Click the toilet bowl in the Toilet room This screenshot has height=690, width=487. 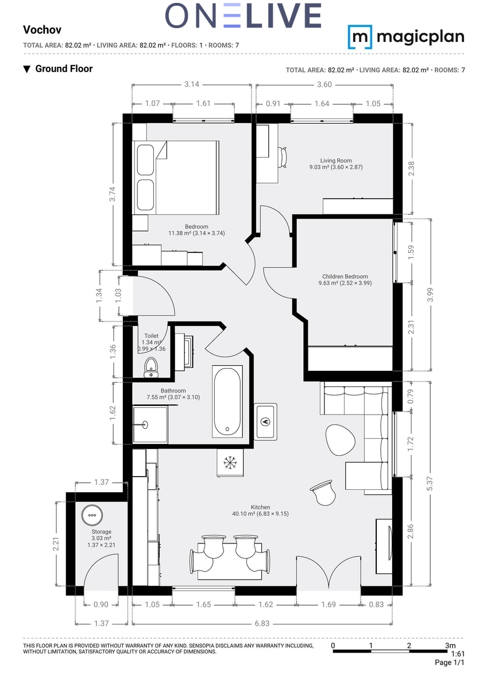151,367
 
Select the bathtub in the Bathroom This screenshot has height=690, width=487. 227,401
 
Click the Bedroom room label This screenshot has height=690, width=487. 196,227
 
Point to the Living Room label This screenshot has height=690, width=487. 335,160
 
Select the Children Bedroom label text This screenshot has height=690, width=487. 345,277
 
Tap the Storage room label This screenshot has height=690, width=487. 101,531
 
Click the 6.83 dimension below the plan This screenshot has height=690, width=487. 262,623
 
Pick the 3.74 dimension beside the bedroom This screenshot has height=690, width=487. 113,194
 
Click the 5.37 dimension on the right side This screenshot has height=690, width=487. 430,484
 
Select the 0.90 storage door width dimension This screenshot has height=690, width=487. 101,604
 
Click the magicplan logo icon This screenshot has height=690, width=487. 360,37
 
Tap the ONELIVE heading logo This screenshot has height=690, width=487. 243,16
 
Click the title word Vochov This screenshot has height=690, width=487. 42,29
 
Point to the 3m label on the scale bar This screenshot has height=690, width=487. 450,645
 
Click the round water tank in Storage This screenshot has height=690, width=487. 92,515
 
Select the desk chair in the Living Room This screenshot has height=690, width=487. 283,158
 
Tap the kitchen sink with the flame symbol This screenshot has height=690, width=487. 265,421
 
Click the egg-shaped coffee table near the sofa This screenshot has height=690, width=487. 340,440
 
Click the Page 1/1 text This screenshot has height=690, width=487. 449,662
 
